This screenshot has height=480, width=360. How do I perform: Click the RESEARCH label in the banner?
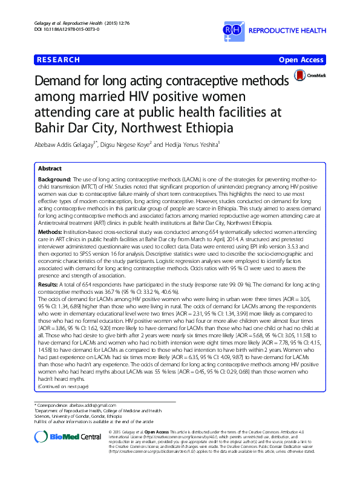59,59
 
